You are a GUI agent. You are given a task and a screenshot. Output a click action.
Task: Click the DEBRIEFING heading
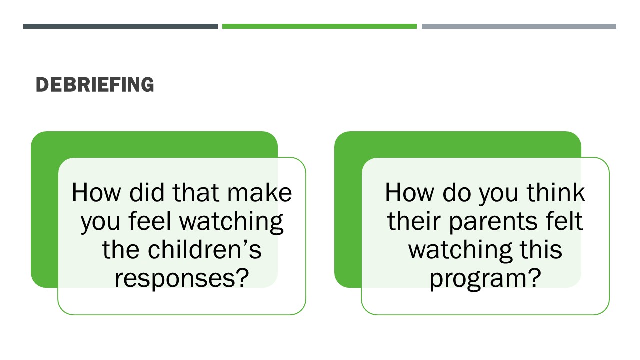pyautogui.click(x=95, y=85)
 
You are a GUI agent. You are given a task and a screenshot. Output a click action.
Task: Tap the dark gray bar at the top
pyautogui.click(x=120, y=26)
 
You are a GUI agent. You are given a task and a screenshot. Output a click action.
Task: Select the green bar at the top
pyautogui.click(x=319, y=26)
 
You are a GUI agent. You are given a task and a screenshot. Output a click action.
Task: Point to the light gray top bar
pyautogui.click(x=519, y=26)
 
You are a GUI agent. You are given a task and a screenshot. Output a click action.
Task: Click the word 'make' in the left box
pyautogui.click(x=259, y=193)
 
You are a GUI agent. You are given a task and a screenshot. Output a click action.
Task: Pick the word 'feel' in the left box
pyautogui.click(x=150, y=221)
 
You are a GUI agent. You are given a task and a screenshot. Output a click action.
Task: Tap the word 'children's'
pyautogui.click(x=205, y=249)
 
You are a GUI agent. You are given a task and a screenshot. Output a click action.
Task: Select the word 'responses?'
pyautogui.click(x=182, y=278)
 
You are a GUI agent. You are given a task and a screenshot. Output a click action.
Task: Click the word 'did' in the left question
pyautogui.click(x=147, y=193)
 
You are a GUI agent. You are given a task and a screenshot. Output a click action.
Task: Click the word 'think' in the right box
pyautogui.click(x=556, y=193)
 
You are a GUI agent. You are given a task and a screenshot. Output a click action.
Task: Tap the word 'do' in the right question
pyautogui.click(x=457, y=193)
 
